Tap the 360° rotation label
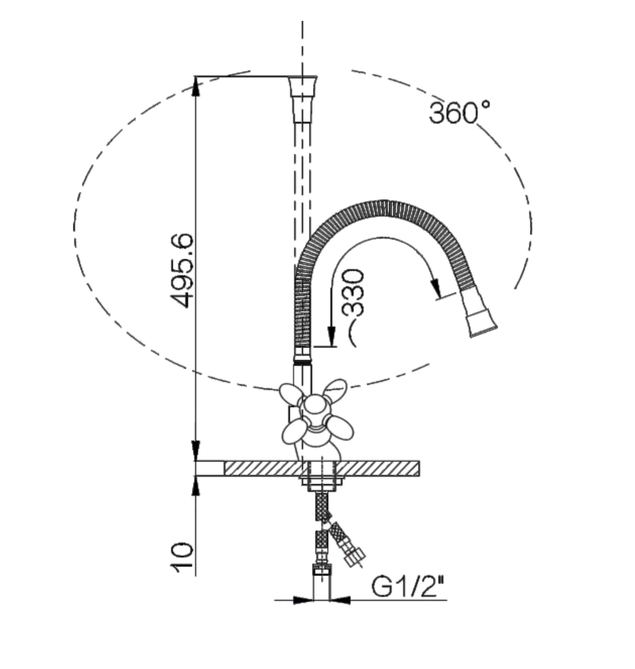coord(459,112)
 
